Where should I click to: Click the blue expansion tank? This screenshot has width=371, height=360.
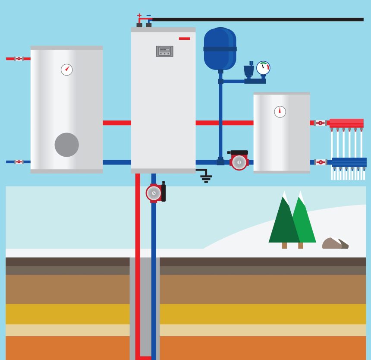tap(220, 48)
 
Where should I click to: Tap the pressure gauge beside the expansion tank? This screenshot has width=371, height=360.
tap(263, 68)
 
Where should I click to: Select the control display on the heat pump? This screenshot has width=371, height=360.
tap(164, 51)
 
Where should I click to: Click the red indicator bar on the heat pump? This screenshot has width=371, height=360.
tap(184, 38)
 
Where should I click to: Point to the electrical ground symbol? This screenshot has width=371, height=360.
tap(206, 177)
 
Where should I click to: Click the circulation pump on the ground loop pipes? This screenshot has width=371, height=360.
tap(154, 193)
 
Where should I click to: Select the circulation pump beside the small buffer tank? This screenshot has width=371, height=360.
tap(239, 161)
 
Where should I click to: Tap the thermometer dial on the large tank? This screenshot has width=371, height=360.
tap(66, 69)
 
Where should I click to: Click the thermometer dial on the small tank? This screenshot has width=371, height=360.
tap(280, 111)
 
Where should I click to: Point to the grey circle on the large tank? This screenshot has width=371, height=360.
tap(66, 145)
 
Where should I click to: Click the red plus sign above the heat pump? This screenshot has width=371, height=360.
tap(139, 16)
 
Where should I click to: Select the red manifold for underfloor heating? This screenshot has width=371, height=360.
tap(346, 123)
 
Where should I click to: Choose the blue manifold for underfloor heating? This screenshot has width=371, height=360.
tap(349, 162)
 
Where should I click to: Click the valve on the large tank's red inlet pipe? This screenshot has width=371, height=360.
tap(19, 58)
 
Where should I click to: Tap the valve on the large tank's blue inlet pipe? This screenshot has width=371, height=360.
tap(19, 162)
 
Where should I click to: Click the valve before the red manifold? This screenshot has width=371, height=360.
tap(320, 123)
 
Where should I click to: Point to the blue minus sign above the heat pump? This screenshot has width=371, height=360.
tap(148, 16)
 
